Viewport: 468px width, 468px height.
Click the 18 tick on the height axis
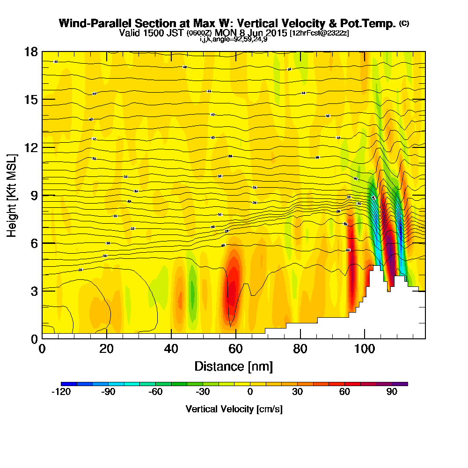[31, 51]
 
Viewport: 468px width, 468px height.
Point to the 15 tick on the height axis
[31, 99]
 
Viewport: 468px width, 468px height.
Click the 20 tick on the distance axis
[107, 349]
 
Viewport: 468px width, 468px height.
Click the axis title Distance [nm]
[234, 366]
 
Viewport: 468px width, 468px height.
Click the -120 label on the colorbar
[60, 392]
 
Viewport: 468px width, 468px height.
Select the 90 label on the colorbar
[392, 392]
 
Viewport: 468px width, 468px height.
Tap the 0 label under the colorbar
[250, 392]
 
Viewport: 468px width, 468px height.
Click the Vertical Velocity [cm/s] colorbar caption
[234, 409]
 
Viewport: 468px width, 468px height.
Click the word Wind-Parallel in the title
[88, 23]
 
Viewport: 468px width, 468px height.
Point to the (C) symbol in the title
[404, 23]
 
